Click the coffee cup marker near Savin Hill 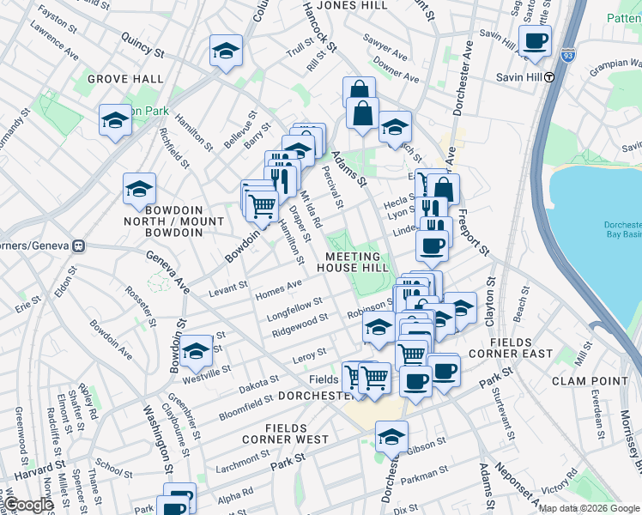pos(535,40)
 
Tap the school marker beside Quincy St pos(226,51)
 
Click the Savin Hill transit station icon pos(550,76)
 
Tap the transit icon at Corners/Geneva pos(79,245)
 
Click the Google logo pos(30,505)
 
